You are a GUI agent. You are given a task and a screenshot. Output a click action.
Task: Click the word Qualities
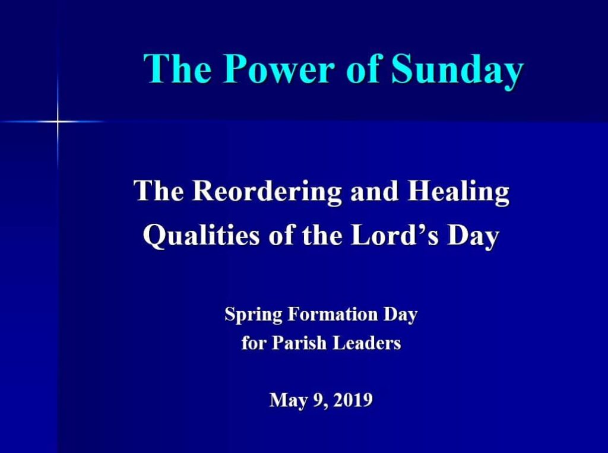coord(201,236)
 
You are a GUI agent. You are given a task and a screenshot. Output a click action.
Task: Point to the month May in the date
coord(288,401)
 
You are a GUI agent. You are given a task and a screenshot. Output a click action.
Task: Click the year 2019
coord(353,400)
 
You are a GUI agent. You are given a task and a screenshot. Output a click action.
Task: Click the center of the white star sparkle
coord(58,122)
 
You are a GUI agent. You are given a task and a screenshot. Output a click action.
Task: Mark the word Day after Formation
coord(400,315)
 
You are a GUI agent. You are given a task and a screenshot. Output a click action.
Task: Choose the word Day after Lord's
coord(473,236)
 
